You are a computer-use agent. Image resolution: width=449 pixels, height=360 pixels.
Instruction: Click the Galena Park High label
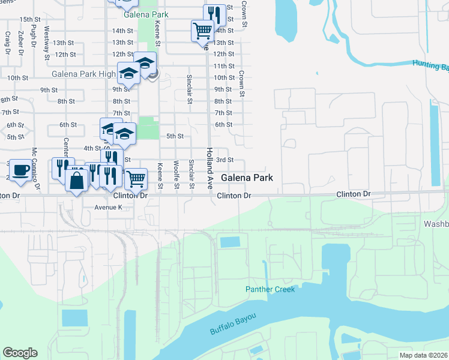[x=83, y=74]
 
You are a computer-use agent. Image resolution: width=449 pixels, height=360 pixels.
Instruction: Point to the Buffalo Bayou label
[x=233, y=324]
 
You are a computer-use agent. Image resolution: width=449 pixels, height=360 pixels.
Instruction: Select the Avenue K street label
[x=108, y=207]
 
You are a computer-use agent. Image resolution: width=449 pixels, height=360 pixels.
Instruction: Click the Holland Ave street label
[x=209, y=169]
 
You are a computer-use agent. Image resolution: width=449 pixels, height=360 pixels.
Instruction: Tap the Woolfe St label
[x=176, y=175]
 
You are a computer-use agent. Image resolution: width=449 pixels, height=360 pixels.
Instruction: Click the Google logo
[x=20, y=353]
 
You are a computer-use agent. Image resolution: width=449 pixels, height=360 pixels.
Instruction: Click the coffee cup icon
[x=21, y=170]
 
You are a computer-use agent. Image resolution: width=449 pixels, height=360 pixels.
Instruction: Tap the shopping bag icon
[x=77, y=179]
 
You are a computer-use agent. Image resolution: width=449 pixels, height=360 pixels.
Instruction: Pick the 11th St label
[x=223, y=66]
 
